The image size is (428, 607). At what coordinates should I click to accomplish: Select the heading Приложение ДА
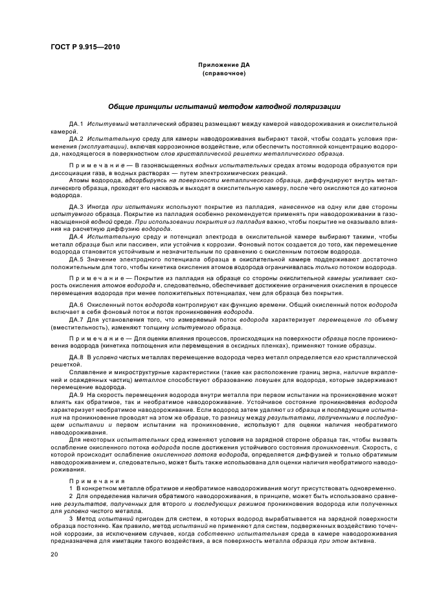(223, 65)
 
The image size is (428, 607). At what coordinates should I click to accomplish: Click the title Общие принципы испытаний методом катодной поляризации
(223, 106)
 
